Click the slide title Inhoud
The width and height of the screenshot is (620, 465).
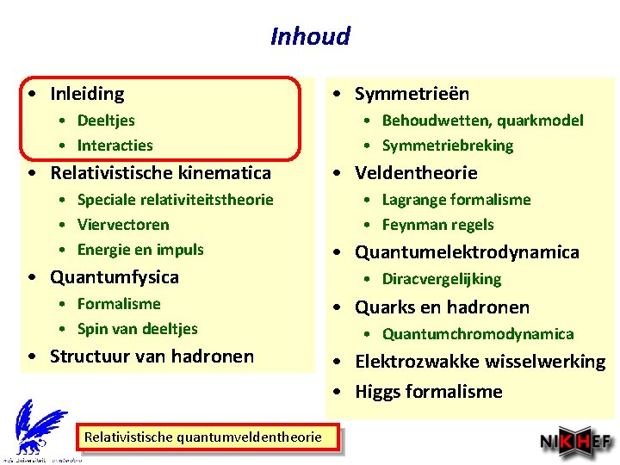310,36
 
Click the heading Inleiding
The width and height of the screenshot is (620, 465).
87,94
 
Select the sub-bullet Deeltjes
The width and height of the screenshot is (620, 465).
106,121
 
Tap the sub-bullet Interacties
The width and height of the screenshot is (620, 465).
115,146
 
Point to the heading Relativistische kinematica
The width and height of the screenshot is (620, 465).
160,173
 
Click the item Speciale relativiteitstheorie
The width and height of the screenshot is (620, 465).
175,200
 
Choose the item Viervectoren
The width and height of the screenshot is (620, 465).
123,225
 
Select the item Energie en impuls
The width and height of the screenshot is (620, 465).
140,250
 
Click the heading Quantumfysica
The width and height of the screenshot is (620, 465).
115,277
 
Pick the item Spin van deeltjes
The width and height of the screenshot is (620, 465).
137,329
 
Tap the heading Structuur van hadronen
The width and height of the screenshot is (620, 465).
152,356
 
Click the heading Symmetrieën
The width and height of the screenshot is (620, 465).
412,94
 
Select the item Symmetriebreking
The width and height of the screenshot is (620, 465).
447,146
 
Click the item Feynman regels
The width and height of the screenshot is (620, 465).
437,225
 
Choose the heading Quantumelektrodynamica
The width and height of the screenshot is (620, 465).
467,252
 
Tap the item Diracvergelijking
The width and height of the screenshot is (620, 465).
441,279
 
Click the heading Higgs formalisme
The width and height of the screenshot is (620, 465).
428,392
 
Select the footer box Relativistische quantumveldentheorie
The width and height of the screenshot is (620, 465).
202,437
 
